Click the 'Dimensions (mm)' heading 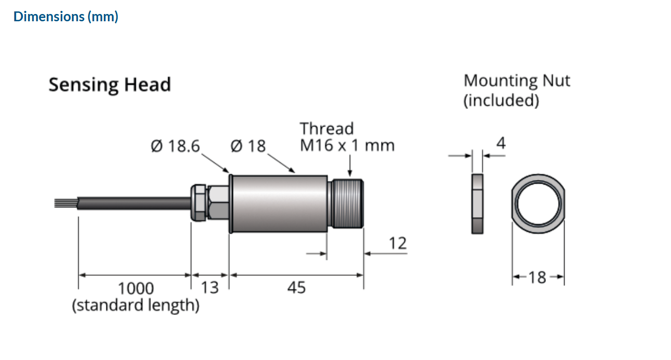[x=66, y=17]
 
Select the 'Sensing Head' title [x=109, y=85]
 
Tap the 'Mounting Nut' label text [x=516, y=81]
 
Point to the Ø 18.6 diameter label [x=175, y=146]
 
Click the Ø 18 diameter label [x=248, y=146]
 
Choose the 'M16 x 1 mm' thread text [x=347, y=146]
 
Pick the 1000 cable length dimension [x=136, y=288]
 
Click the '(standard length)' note [x=135, y=305]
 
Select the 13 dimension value [x=210, y=287]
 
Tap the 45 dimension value [x=296, y=287]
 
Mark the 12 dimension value [x=398, y=243]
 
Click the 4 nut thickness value [x=500, y=143]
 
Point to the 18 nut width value [x=538, y=278]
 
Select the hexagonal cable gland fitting [x=209, y=202]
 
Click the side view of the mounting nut [x=477, y=204]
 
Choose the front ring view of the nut [x=538, y=203]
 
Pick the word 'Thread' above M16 [x=326, y=129]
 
